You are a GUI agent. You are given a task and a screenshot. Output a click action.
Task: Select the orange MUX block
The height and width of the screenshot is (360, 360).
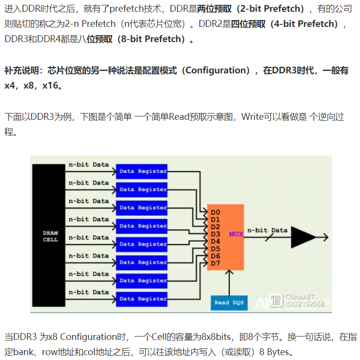click(x=225, y=237)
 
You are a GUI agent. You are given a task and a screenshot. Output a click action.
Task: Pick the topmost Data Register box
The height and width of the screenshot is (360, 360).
click(x=142, y=171)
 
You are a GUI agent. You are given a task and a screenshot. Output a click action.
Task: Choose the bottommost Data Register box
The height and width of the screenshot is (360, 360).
click(x=142, y=298)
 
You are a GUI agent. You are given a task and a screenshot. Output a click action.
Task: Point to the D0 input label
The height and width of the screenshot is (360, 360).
click(x=215, y=213)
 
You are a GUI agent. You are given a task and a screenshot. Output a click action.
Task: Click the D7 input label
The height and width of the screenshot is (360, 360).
click(x=215, y=264)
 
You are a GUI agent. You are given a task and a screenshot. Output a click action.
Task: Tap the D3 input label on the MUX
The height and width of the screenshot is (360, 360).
click(x=215, y=234)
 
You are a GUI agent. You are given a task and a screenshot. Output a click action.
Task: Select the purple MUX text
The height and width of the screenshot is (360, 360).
click(x=236, y=234)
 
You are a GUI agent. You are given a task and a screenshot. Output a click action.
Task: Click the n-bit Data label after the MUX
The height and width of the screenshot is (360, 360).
click(x=267, y=230)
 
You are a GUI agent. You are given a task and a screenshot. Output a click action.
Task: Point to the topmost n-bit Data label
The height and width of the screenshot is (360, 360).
click(x=89, y=164)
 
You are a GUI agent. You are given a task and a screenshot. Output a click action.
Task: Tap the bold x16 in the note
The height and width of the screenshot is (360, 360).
click(x=52, y=86)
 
